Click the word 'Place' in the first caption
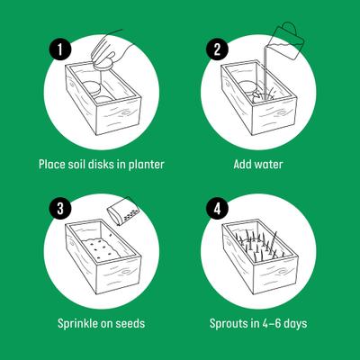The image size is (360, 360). tap(52, 165)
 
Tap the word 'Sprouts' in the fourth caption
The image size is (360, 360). tap(230, 322)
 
